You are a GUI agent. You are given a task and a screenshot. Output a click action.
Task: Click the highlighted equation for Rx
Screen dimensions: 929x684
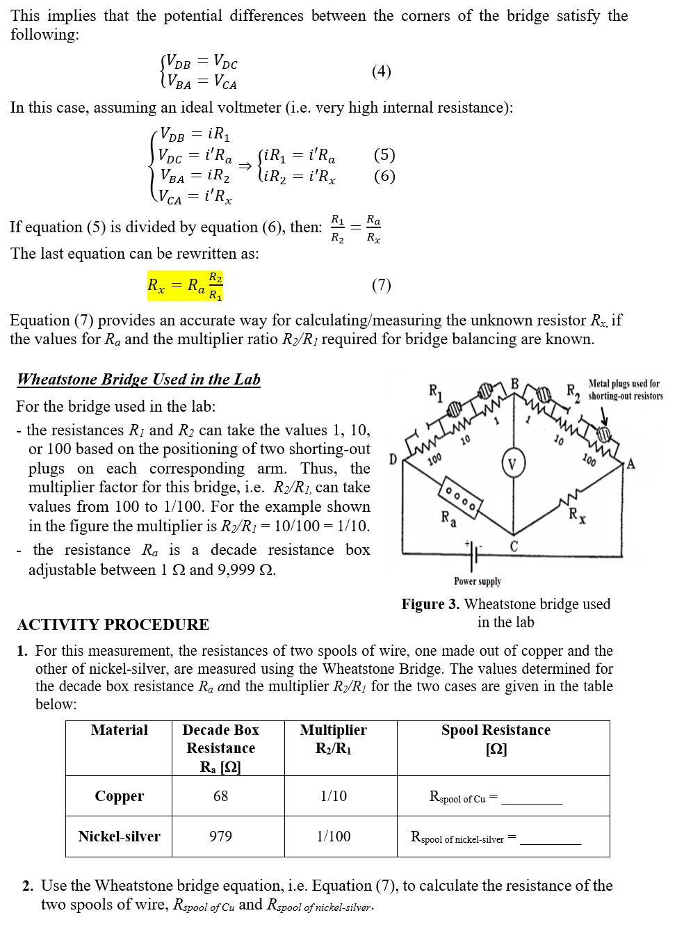[x=185, y=286]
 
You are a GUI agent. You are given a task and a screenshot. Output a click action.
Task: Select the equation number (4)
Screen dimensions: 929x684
[x=381, y=72]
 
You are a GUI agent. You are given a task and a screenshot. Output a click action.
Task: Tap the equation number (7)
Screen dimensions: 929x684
[x=381, y=285]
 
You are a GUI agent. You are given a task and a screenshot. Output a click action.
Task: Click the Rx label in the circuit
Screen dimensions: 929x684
[x=577, y=516]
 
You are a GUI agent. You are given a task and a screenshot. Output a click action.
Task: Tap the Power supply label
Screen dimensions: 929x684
[x=477, y=581]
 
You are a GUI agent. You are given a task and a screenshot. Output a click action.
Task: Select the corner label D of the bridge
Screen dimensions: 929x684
[x=393, y=460]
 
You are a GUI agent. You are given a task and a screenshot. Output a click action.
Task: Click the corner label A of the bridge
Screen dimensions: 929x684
[x=630, y=464]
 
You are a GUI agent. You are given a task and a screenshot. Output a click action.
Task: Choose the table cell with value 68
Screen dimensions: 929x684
[x=220, y=796]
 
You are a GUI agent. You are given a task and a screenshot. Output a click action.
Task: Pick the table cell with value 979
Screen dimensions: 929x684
[x=220, y=837]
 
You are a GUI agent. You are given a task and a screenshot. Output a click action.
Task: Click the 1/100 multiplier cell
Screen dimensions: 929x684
[x=334, y=837]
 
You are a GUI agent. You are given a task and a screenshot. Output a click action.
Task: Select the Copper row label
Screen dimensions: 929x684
[x=120, y=796]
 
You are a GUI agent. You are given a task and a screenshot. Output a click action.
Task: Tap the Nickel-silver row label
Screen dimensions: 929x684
[x=119, y=837]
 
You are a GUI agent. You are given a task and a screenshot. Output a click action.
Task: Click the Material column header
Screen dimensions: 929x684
[x=119, y=730]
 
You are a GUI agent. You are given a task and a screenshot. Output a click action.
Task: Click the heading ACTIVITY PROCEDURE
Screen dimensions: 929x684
[x=113, y=624]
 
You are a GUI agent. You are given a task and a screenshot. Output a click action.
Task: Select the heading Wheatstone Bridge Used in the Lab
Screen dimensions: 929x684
[x=138, y=380]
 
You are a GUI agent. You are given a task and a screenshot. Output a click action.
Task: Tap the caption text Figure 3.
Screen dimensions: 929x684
[x=430, y=604]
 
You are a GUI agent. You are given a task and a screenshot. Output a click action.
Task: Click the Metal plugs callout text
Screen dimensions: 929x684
[x=625, y=389]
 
